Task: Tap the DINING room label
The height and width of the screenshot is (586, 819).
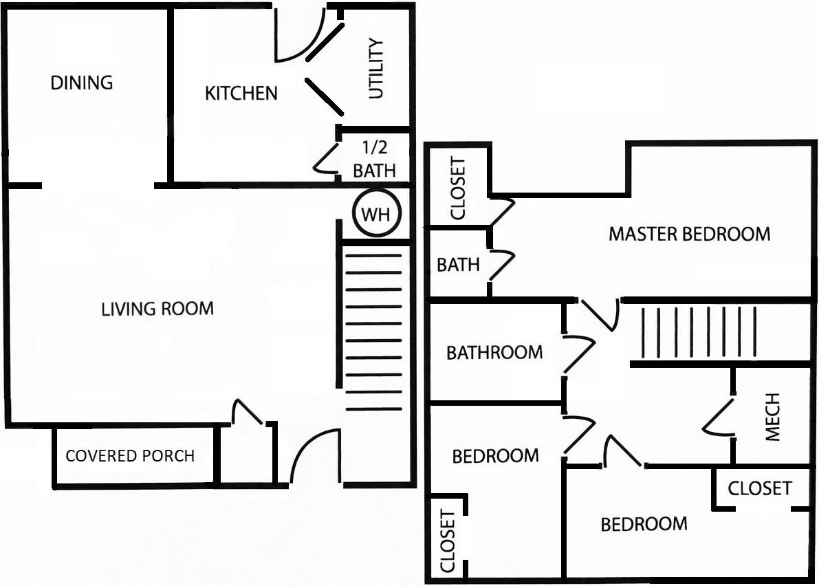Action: (81, 83)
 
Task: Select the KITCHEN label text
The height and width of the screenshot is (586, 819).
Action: (241, 94)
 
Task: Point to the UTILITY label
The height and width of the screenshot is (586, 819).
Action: (375, 68)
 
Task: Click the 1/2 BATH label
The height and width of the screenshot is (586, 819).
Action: (374, 159)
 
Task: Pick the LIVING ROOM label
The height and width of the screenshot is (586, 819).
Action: (157, 309)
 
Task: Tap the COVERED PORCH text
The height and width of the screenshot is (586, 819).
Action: (130, 456)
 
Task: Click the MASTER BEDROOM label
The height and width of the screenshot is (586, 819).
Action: (690, 234)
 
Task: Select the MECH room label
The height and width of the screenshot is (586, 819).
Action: (772, 417)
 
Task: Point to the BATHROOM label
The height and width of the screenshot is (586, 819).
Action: (494, 353)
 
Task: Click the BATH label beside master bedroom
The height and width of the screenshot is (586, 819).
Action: (458, 265)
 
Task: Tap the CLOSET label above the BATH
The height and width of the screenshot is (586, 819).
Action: (457, 188)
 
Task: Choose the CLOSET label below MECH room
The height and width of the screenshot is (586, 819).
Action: (759, 488)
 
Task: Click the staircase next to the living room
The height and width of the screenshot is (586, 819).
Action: (374, 332)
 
